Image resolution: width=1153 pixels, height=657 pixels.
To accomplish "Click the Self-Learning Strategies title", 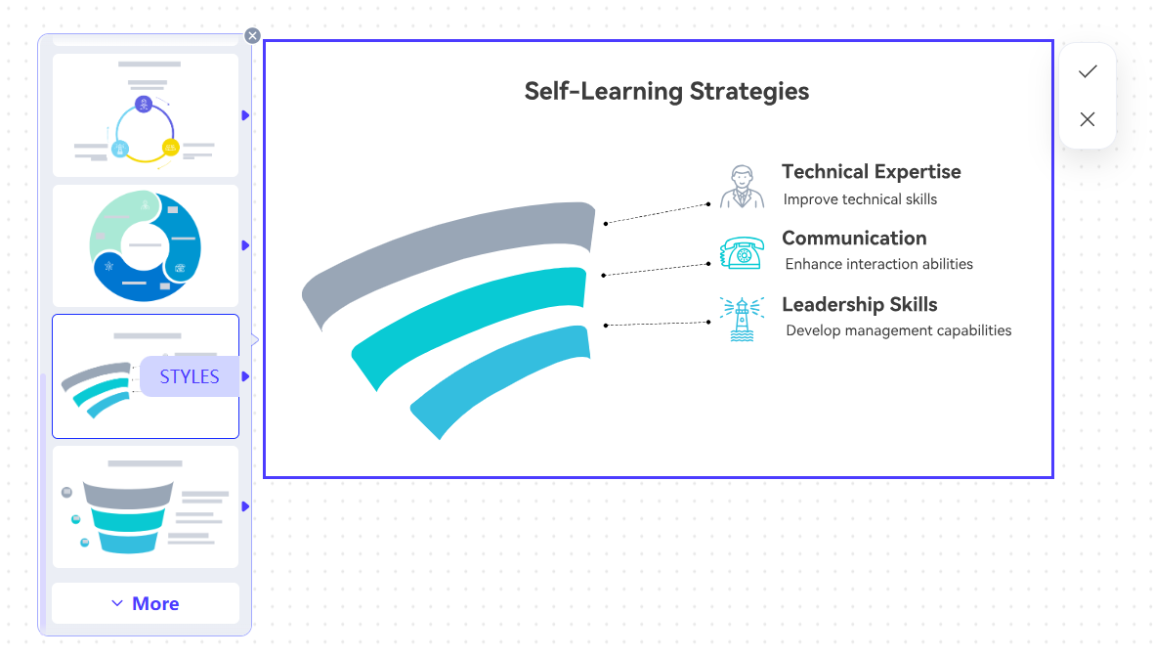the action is [666, 91].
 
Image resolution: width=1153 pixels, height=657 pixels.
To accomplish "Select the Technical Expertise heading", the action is [872, 171].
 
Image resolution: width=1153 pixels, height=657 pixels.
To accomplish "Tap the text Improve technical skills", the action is [860, 199].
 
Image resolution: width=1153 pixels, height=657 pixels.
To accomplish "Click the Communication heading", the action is [854, 238].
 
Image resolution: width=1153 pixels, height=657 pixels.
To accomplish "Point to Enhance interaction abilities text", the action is [878, 264].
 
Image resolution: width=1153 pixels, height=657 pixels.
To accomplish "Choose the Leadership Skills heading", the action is [860, 305].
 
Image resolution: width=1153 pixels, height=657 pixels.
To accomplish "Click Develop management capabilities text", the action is [899, 330].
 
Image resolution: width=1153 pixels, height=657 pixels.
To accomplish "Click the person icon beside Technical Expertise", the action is [742, 187].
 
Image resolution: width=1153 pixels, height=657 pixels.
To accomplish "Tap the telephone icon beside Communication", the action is [742, 253].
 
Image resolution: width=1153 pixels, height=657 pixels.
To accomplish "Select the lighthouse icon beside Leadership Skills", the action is [742, 320].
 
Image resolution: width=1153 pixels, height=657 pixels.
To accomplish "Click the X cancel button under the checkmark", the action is [1088, 119].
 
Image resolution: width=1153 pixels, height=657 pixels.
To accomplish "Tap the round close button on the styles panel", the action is [252, 35].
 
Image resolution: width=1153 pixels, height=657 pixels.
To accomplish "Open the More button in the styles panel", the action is [146, 603].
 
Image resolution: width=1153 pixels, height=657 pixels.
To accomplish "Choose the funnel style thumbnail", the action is [146, 506].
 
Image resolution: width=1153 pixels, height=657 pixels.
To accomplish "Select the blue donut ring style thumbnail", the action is [146, 245].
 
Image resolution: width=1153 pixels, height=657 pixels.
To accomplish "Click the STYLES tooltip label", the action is [190, 376].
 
